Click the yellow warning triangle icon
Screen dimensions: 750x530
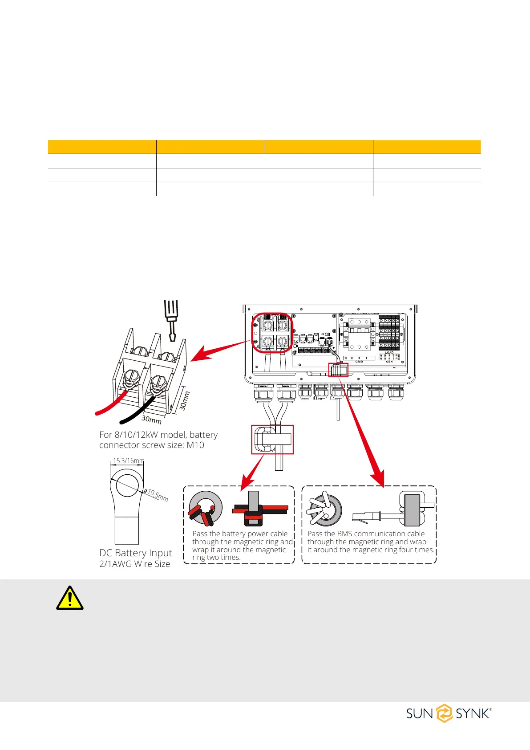70,598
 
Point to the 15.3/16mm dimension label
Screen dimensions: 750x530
128,461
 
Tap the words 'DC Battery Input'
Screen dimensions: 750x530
135,553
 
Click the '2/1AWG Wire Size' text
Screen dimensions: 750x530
134,564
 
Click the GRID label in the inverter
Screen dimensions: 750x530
359,362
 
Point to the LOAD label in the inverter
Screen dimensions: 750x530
389,353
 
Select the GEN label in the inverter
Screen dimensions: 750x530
389,362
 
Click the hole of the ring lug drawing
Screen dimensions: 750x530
128,485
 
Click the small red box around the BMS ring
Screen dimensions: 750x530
338,370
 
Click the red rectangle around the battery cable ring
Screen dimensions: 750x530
272,440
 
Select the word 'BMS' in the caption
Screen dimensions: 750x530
344,534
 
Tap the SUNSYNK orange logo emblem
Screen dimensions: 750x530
444,713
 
